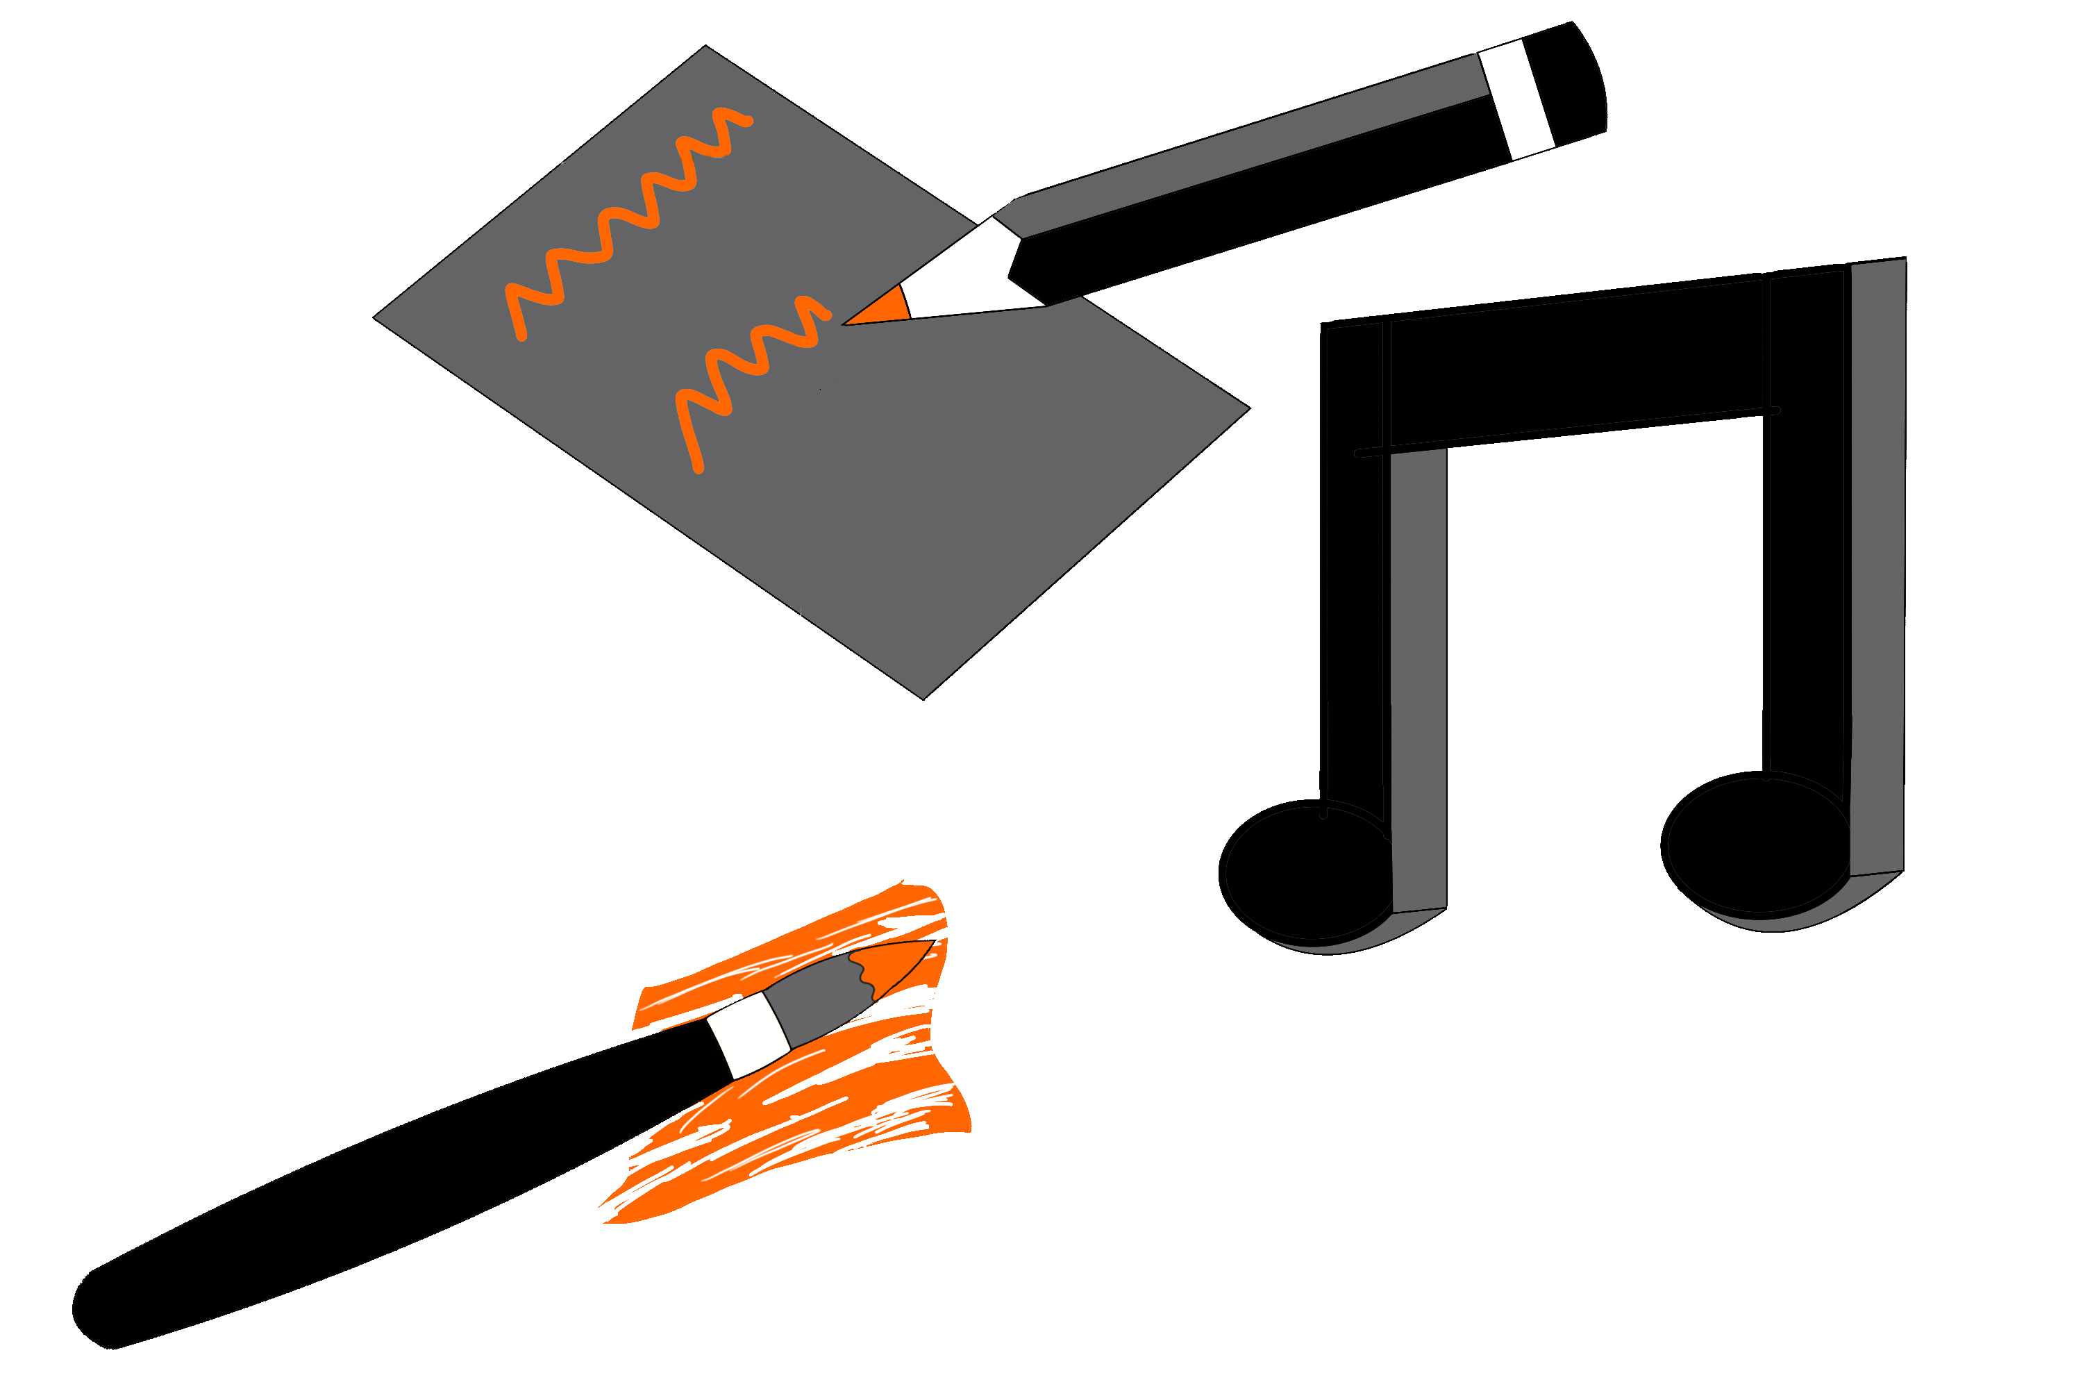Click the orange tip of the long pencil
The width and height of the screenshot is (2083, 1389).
point(882,308)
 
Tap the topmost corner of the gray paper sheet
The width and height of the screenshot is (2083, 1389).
point(705,49)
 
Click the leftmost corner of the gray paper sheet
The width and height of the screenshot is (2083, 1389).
point(376,317)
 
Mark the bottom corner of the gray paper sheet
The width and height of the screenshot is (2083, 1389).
point(923,697)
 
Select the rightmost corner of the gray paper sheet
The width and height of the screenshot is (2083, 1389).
point(1246,408)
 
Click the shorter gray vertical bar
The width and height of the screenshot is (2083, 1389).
point(1418,682)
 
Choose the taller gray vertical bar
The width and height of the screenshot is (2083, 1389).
point(1877,567)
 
